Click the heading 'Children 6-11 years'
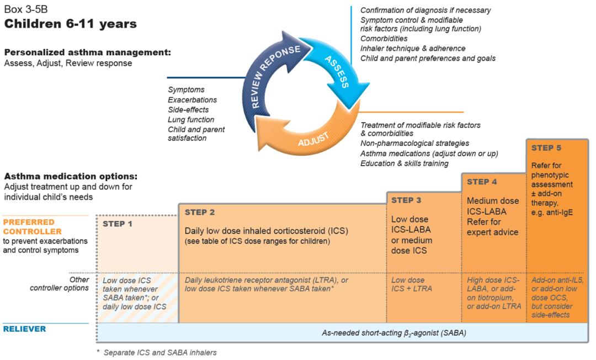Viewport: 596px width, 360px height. point(71,24)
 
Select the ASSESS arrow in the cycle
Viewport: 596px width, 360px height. point(338,72)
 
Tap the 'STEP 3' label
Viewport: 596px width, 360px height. point(406,200)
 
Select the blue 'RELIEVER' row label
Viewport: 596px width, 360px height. point(25,329)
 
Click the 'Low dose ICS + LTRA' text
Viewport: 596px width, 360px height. point(411,284)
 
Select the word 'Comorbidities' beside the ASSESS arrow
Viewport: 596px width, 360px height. point(384,39)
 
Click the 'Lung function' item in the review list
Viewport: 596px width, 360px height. point(191,119)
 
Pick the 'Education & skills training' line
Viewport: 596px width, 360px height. point(405,163)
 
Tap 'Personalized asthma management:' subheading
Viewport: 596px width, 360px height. point(87,53)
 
